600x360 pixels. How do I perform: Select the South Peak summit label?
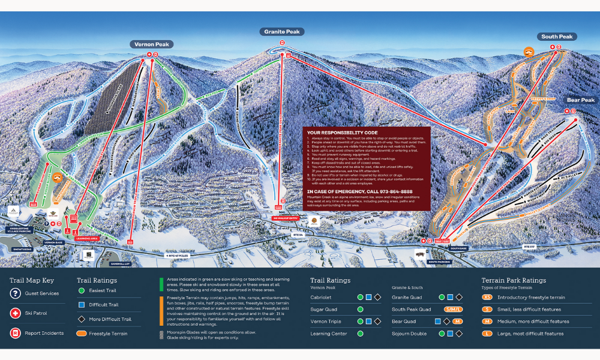point(557,37)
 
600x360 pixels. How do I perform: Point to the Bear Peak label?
point(580,100)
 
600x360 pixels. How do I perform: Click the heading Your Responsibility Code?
point(342,132)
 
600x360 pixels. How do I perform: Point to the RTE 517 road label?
point(529,246)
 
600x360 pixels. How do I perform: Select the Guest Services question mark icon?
point(15,293)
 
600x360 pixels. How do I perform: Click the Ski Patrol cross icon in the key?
point(15,313)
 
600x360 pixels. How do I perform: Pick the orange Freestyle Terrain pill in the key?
point(82,333)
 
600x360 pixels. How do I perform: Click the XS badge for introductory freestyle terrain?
point(487,297)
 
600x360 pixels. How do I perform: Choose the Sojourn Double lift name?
point(410,334)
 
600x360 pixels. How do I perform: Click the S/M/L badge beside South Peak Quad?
point(453,309)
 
